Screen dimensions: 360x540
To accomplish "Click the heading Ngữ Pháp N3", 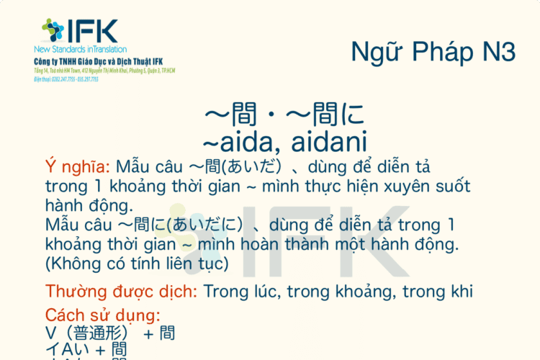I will [x=433, y=53].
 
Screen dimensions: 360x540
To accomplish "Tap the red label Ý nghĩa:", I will [x=77, y=168].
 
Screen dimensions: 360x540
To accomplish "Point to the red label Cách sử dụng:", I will [x=102, y=315].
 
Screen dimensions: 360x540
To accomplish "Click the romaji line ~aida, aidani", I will [x=286, y=140].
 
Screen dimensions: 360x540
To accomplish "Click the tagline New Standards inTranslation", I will [x=80, y=49].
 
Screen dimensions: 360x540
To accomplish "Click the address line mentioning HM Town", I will [x=104, y=71].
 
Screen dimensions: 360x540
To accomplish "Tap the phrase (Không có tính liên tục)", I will [x=136, y=264].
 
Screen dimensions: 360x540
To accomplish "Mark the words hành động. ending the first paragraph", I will [x=89, y=207].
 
